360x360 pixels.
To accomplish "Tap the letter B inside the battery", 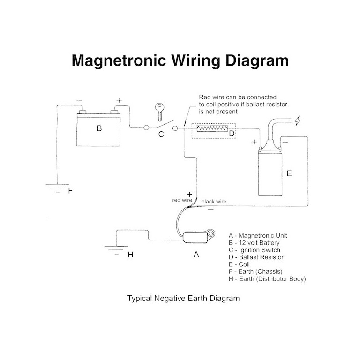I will (x=99, y=128).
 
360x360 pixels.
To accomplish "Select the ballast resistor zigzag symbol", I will (x=213, y=127).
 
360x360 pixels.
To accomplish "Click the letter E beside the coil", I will (x=289, y=173).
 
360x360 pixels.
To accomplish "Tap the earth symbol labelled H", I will (x=115, y=250).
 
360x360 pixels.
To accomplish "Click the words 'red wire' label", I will (x=182, y=200).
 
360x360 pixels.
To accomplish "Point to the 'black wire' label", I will (x=214, y=202).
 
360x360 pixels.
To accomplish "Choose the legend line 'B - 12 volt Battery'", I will (x=254, y=243).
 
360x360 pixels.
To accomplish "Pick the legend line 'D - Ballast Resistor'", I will (x=256, y=257).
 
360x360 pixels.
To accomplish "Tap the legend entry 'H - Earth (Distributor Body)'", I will (x=267, y=279).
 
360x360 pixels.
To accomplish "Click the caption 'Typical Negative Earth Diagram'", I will (x=183, y=298).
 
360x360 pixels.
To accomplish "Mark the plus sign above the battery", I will (x=119, y=100).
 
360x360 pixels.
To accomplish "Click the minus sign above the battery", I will (x=79, y=100).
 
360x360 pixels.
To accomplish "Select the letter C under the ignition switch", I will (x=161, y=134).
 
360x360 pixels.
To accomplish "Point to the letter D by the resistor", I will (x=231, y=134).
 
